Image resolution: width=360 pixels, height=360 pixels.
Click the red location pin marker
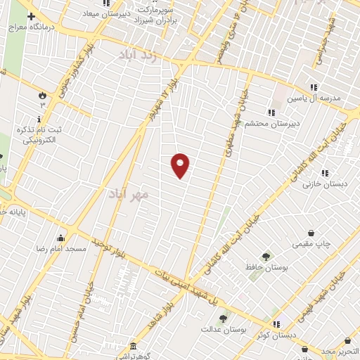181,165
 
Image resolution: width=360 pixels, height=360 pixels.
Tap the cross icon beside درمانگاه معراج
30,15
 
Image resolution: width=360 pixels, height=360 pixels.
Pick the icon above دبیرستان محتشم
271,112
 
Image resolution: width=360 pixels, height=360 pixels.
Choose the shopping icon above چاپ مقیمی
310,233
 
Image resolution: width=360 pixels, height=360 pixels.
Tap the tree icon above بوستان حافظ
266,257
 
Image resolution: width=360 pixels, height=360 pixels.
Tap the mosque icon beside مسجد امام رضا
60,237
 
